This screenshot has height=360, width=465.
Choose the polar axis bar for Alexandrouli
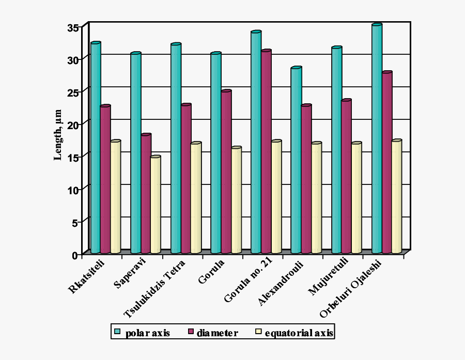pos(296,160)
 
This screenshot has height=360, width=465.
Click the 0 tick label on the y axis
pos(76,255)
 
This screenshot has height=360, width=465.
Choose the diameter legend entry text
pos(217,333)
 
